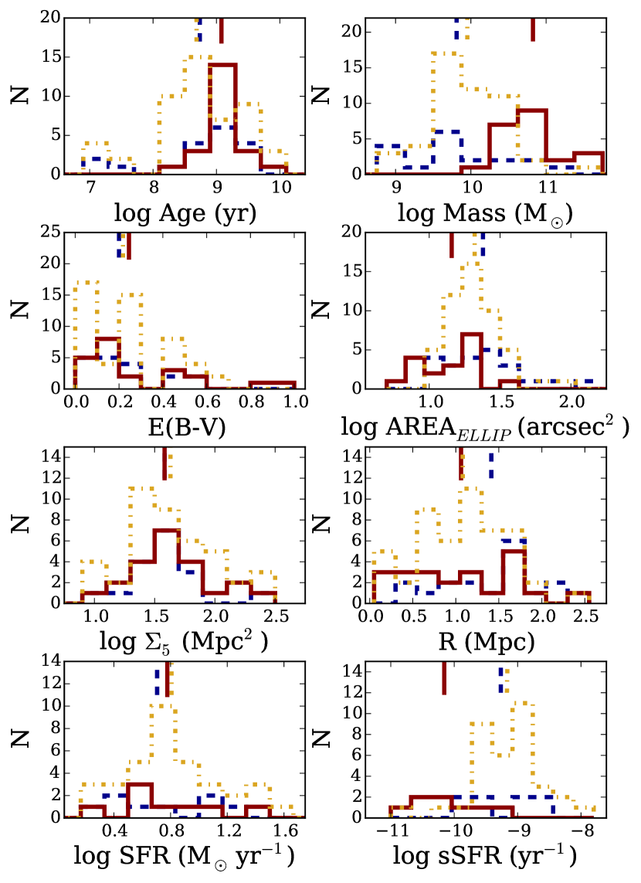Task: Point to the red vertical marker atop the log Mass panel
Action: [x=533, y=29]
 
